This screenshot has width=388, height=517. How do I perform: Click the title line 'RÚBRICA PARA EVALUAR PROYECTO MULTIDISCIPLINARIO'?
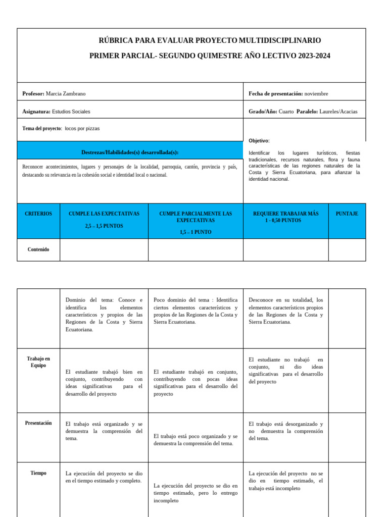pyautogui.click(x=209, y=40)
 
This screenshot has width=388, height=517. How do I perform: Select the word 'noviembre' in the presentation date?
pyautogui.click(x=316, y=94)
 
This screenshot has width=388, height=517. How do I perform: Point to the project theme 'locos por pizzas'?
pyautogui.click(x=82, y=129)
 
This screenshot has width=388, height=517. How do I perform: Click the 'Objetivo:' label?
pyautogui.click(x=259, y=141)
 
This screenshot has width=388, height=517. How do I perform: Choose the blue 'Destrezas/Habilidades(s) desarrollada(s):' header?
pyautogui.click(x=130, y=152)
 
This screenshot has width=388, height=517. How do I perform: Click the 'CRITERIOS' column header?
pyautogui.click(x=38, y=214)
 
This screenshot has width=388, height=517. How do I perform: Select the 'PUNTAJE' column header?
pyautogui.click(x=347, y=214)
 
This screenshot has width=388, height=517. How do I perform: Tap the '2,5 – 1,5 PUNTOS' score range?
pyautogui.click(x=104, y=226)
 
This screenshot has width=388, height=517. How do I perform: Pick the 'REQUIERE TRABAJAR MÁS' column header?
pyautogui.click(x=285, y=214)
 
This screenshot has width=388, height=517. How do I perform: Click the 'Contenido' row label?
pyautogui.click(x=38, y=249)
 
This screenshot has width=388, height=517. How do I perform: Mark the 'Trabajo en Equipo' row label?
pyautogui.click(x=38, y=361)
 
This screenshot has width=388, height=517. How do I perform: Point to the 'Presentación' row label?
pyautogui.click(x=38, y=423)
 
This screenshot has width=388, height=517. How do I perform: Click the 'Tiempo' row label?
pyautogui.click(x=38, y=473)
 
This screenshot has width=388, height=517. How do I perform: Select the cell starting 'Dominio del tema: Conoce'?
pyautogui.click(x=104, y=315)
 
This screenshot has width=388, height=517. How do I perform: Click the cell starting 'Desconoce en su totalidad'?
pyautogui.click(x=285, y=311)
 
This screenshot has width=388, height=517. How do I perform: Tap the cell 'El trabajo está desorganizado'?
pyautogui.click(x=285, y=431)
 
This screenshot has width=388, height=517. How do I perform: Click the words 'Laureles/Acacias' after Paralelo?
pyautogui.click(x=338, y=112)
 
